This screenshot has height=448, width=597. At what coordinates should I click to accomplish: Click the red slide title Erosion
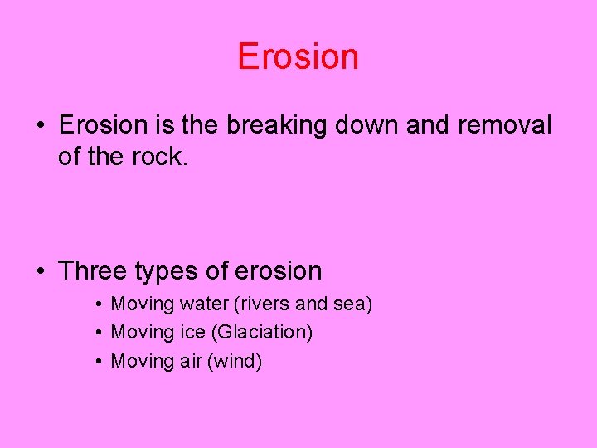point(298,56)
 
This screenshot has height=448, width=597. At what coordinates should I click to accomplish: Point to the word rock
point(163,156)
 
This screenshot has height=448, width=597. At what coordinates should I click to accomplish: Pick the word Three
point(91,270)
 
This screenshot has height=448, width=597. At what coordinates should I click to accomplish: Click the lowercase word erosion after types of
point(278,270)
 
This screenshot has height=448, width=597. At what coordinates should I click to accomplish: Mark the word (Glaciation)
point(262,333)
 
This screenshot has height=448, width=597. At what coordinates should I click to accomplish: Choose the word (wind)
point(237,361)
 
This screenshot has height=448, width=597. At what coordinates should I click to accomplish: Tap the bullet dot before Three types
point(41,271)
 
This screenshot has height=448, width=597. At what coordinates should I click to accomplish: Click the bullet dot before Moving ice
point(98,333)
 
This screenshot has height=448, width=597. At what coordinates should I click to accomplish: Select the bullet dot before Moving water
point(98,304)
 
